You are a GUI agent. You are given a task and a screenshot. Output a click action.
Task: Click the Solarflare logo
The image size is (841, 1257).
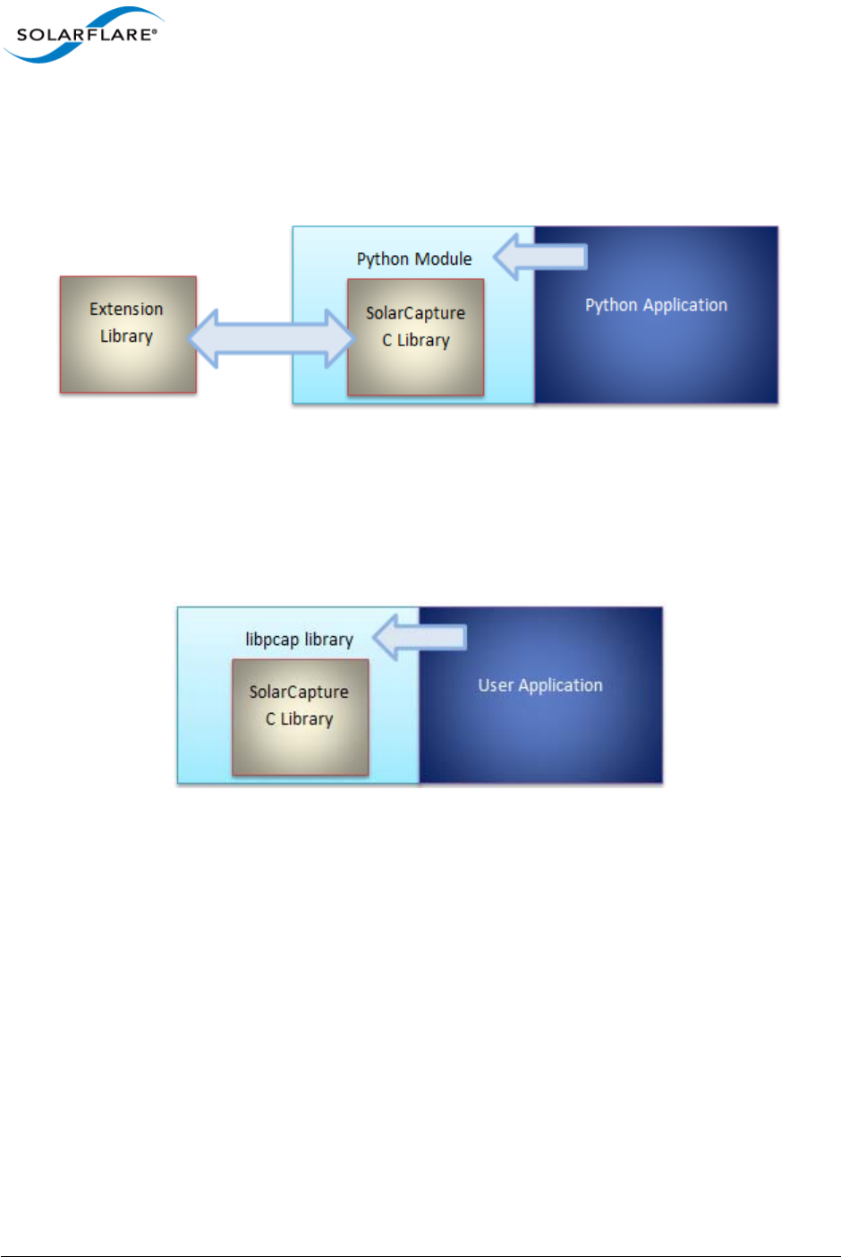click(85, 35)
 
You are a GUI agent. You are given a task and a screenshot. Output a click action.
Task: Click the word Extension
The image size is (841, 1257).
click(126, 309)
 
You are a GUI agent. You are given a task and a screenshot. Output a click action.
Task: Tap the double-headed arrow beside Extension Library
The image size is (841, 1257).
click(272, 338)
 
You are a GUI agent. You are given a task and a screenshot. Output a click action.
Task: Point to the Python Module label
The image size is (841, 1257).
click(414, 259)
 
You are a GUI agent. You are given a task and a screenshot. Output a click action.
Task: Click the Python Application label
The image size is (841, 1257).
click(656, 305)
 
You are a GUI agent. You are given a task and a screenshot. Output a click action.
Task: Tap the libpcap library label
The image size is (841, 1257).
click(299, 640)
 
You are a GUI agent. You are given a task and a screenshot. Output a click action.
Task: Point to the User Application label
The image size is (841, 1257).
click(540, 685)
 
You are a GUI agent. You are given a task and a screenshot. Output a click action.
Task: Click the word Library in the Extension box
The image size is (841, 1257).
click(126, 336)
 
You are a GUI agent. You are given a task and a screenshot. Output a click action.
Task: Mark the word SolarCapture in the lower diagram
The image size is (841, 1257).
click(299, 692)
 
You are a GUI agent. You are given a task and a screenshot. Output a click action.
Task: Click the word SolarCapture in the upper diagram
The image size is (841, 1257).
click(415, 313)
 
